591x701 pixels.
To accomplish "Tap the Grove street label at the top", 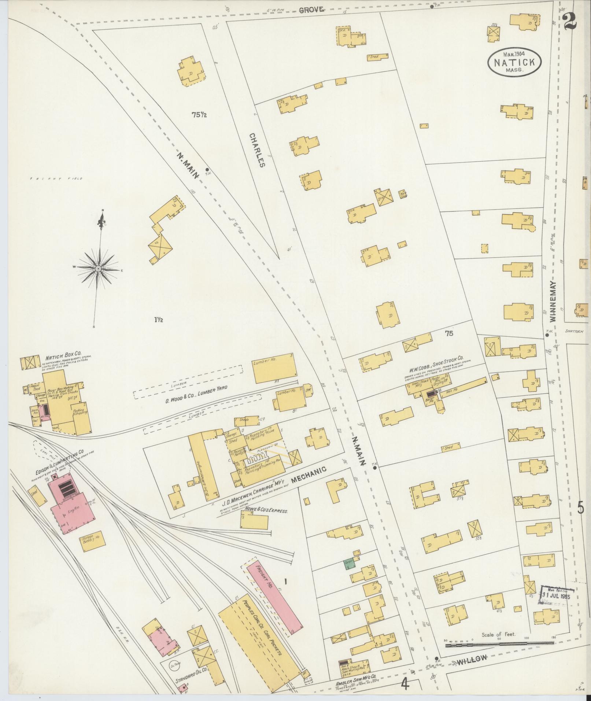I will tap(312, 10).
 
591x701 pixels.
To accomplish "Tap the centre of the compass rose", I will tap(98, 269).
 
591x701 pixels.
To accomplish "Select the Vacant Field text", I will tap(57, 179).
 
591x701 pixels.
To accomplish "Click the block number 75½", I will tap(199, 115).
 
